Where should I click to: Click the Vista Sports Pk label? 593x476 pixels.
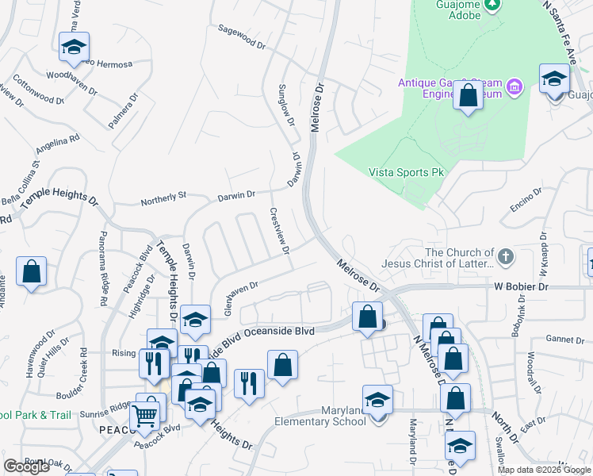click(405, 172)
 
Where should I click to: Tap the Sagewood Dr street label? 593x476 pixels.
click(242, 37)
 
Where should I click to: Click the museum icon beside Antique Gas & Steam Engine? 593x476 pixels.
click(515, 86)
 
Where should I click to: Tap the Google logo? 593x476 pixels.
click(26, 466)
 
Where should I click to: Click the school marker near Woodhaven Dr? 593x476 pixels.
click(74, 48)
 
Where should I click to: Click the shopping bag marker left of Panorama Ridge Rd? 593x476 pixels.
click(31, 272)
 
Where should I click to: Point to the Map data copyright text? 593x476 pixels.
click(543, 470)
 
